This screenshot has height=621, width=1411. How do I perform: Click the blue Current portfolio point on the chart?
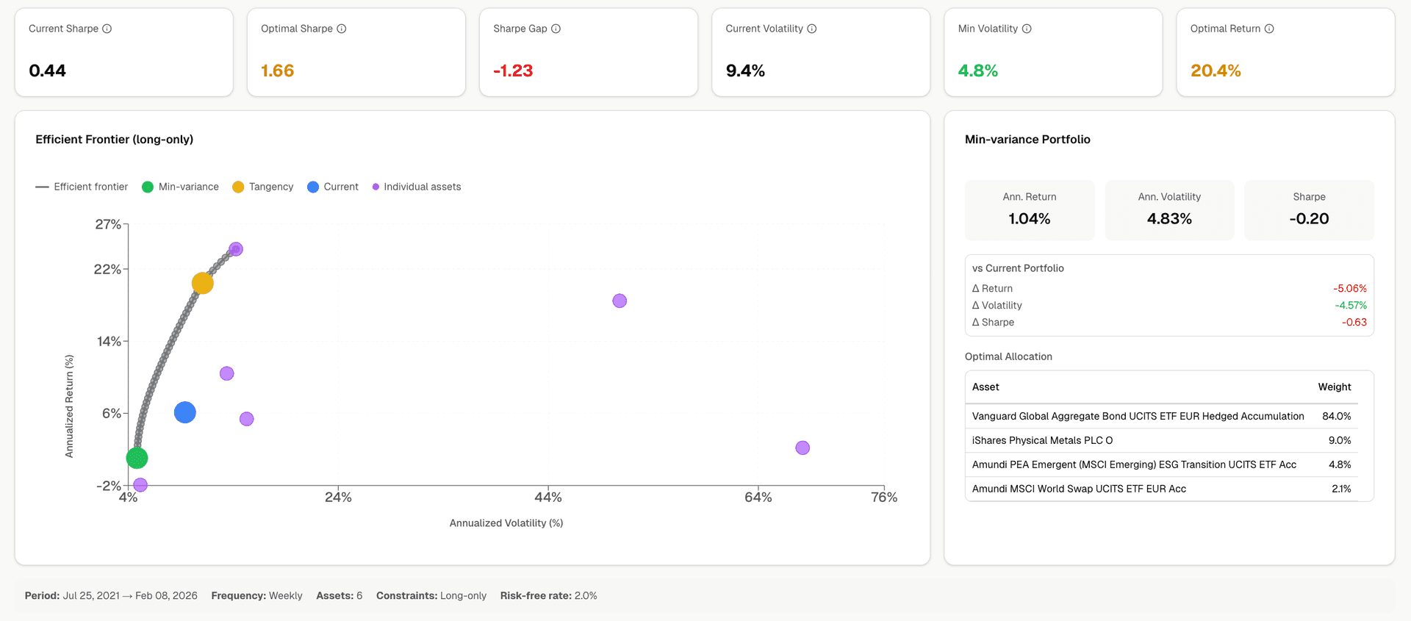pos(185,412)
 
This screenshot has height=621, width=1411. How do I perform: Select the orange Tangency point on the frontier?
pos(203,283)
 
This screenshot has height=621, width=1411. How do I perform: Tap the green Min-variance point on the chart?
pos(137,458)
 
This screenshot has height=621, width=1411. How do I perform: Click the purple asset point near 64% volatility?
pos(803,448)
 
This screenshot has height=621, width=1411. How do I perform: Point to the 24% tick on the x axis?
pos(338,498)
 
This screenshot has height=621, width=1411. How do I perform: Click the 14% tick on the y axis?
pos(109,341)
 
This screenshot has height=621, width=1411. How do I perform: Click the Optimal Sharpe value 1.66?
pos(277,71)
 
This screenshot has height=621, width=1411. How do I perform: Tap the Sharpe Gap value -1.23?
pos(513,71)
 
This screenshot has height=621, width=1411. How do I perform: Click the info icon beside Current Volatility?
pos(812,29)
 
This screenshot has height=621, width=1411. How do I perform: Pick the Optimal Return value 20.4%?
pos(1216,71)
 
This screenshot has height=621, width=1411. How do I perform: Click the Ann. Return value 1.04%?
pos(1029,218)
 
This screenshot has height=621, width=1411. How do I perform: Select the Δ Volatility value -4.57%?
pos(1351,305)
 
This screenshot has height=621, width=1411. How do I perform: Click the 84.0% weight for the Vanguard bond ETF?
pos(1336,416)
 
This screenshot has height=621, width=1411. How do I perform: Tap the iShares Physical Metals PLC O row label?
pos(1042,440)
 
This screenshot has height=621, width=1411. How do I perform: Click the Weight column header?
pos(1335,387)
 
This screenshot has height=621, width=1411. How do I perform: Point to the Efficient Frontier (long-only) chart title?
pos(115,139)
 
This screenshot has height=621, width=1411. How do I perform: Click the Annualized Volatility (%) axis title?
pos(506,523)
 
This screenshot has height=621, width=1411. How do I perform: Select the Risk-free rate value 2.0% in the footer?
pos(586,595)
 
